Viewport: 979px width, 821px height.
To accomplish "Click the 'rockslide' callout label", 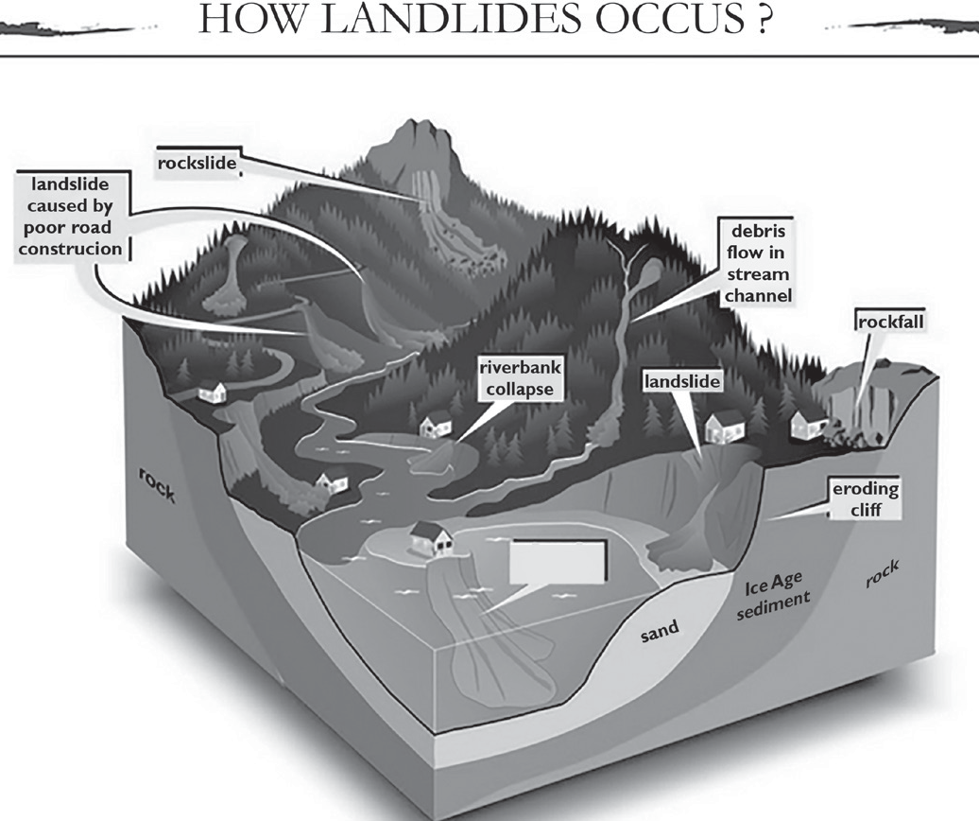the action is pos(198,164).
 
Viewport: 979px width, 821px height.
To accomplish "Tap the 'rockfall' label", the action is pos(890,323).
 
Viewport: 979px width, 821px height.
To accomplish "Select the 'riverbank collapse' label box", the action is pos(520,378).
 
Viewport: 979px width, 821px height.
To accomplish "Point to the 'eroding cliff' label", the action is pos(865,499).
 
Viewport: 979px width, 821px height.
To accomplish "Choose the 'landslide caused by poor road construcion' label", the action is pos(70,217).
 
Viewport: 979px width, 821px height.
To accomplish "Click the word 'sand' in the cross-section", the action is pos(660,632).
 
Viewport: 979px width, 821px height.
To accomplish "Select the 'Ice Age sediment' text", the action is pos(773,597).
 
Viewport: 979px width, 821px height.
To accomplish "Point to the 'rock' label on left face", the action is pos(157,485).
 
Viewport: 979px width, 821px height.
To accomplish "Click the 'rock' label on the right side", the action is pos(883,574).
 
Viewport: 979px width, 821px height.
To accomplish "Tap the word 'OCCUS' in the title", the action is pos(671,21).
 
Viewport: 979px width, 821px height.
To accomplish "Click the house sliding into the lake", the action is pos(432,538).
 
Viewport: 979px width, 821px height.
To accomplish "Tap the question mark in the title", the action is pos(764,21).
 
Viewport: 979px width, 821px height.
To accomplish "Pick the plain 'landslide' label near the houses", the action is pos(682,382).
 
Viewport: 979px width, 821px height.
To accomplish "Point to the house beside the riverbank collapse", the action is pos(436,424).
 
